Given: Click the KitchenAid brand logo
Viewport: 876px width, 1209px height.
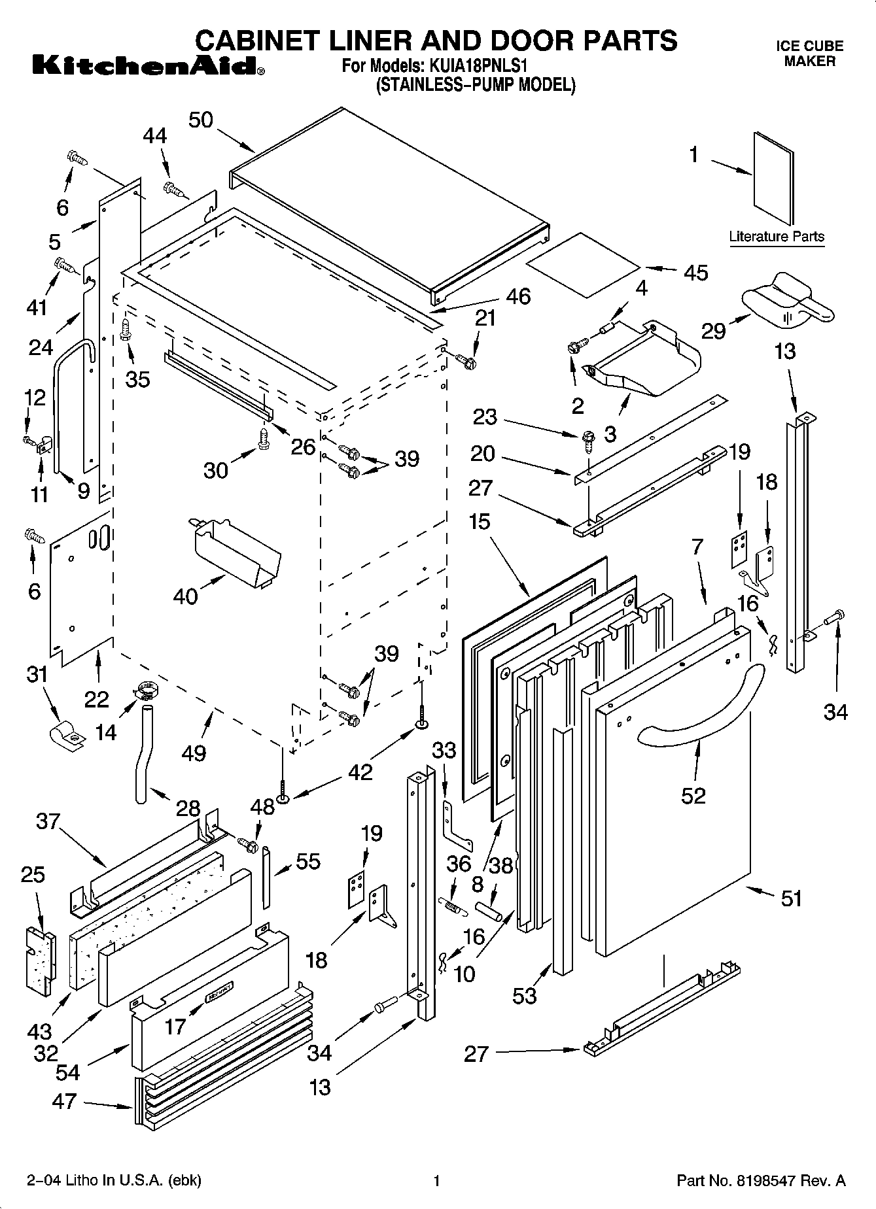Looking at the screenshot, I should (x=147, y=66).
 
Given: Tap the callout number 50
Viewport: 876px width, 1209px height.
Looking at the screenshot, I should (x=201, y=120).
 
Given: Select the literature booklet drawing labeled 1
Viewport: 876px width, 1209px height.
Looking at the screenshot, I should (x=773, y=178).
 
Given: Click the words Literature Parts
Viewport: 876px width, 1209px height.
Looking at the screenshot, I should (x=777, y=237).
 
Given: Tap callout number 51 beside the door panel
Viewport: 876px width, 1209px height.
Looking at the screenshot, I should (x=792, y=898).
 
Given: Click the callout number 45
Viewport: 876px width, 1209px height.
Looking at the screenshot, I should (x=695, y=272).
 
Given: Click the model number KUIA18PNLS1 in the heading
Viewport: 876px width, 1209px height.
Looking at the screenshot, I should (x=478, y=67).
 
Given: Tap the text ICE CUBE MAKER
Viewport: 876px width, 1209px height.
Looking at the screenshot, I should (x=809, y=54).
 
